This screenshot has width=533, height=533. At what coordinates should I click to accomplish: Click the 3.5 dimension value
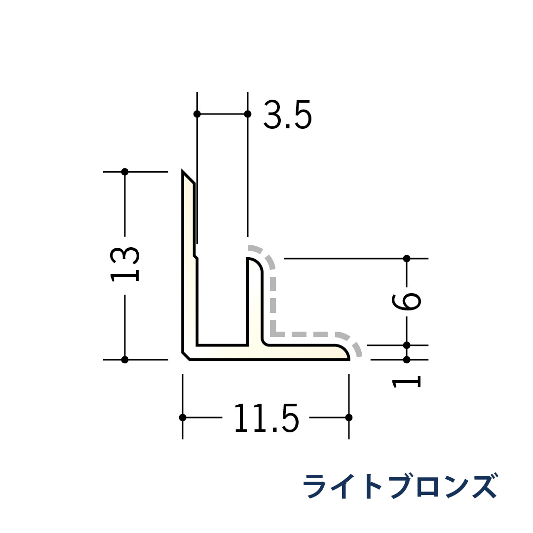click(x=288, y=115)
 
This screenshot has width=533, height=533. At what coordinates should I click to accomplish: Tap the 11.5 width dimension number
click(x=266, y=419)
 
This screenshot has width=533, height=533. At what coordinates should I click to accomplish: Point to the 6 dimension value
click(x=406, y=302)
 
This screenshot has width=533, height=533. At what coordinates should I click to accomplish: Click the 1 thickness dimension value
click(x=406, y=382)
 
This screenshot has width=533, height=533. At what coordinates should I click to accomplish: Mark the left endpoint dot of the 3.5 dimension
click(x=197, y=114)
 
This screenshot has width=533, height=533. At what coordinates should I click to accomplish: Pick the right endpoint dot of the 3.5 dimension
click(x=248, y=114)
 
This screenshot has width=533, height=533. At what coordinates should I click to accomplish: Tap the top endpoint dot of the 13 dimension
click(x=125, y=172)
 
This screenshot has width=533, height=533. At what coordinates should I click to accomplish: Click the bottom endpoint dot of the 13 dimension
click(x=125, y=360)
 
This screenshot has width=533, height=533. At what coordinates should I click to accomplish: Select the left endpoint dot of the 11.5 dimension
click(x=183, y=418)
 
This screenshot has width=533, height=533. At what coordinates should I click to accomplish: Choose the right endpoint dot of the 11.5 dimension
click(x=349, y=418)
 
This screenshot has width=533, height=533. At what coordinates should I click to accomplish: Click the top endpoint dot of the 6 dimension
click(x=407, y=259)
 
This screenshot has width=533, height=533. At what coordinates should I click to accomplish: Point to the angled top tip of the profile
click(x=184, y=174)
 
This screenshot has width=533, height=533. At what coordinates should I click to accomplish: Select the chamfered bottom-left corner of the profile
click(x=186, y=356)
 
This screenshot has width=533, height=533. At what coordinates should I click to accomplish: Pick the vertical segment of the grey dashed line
click(x=273, y=301)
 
